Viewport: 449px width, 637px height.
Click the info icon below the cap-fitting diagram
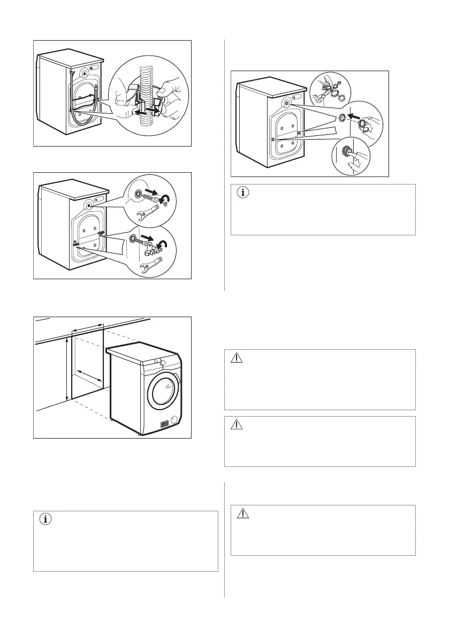click(x=243, y=194)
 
